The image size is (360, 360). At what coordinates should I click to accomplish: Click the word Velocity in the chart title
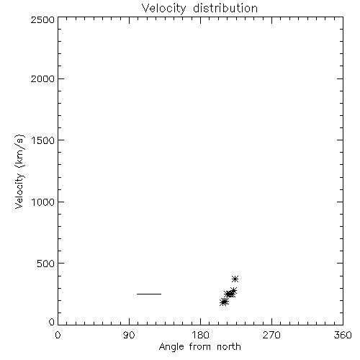point(164,9)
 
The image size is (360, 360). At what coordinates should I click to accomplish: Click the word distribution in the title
point(225,8)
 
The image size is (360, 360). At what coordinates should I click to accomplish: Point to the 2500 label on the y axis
point(42,19)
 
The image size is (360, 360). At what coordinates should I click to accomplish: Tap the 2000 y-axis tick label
point(42,78)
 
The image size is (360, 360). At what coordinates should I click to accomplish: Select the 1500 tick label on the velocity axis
point(43,140)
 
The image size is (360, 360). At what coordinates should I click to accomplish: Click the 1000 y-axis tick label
point(43,202)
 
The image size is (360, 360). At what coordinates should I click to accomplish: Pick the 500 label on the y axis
point(46,264)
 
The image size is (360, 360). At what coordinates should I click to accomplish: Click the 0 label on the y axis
point(52,322)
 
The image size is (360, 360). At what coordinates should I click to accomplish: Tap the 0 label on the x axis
point(58,335)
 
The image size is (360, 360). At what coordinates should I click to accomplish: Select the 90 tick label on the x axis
point(129,335)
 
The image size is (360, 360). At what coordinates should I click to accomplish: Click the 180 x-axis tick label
point(200,335)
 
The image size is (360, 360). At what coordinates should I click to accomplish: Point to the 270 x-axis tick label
point(271,335)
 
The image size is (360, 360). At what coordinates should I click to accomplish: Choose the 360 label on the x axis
point(343,335)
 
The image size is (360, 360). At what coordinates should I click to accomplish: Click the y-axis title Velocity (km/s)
point(19,171)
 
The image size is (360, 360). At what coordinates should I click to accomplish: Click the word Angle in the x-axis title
point(171,347)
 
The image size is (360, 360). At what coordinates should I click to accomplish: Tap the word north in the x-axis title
point(229,347)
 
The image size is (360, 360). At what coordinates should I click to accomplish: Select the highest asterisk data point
point(235,279)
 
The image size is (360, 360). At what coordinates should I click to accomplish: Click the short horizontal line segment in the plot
point(149,294)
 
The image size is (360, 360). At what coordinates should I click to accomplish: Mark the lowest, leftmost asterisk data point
point(223,302)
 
